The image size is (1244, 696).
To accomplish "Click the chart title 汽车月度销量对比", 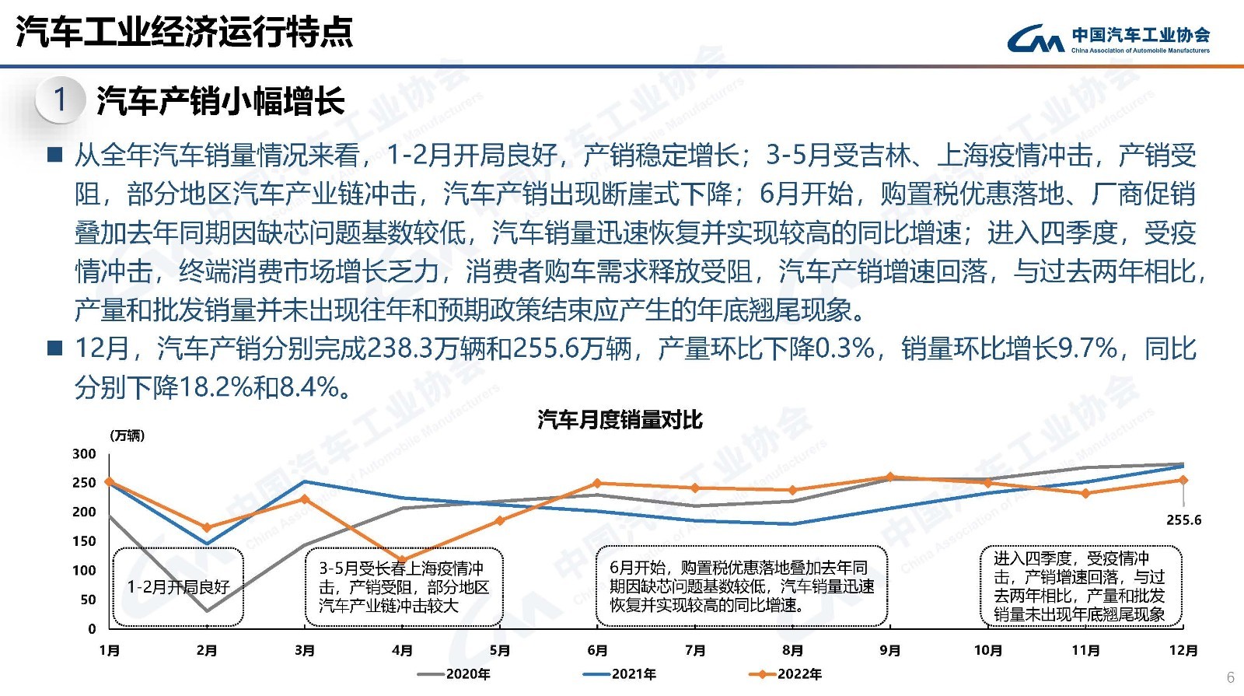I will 620,421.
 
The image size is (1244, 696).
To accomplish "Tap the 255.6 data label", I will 1183,520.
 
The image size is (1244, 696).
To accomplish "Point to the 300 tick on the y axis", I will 84,454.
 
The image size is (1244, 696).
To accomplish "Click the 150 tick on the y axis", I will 84,541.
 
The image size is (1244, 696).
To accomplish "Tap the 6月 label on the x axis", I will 597,651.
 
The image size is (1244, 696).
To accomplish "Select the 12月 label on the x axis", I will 1183,651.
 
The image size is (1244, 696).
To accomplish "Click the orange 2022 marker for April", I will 402,559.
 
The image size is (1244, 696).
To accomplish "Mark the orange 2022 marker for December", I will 1183,480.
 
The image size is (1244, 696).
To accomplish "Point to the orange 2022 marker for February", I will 207,528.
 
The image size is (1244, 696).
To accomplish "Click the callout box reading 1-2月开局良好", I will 178,587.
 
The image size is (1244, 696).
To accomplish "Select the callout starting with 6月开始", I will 742,587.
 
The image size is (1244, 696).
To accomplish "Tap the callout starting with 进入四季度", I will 1080,586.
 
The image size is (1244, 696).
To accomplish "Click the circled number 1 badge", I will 60,100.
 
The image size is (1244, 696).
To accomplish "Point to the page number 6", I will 1230,677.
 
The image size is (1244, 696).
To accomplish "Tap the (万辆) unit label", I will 127,435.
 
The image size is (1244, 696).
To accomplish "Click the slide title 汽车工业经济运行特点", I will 184,33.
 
